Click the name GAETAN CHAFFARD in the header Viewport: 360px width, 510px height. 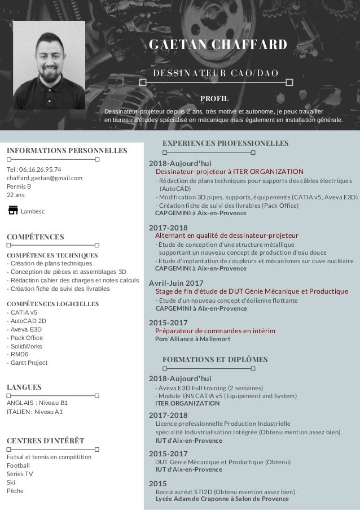pos(217,45)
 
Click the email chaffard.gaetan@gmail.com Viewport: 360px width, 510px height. pos(45,178)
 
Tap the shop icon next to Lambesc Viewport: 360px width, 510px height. pos(13,211)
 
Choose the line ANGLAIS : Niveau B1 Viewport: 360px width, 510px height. pos(37,403)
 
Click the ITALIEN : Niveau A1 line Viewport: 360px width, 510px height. pos(35,412)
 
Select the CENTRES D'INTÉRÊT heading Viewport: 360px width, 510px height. pos(46,440)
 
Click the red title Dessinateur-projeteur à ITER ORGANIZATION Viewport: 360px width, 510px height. pos(229,171)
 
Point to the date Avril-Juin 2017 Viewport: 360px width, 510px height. pos(175,282)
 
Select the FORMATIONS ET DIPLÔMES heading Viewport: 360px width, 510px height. pos(214,359)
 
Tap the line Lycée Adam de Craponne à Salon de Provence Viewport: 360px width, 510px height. pos(221,499)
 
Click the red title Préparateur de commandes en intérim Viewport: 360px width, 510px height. pos(215,330)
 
